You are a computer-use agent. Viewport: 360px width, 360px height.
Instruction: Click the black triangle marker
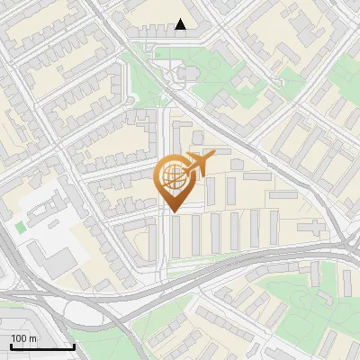click(x=182, y=25)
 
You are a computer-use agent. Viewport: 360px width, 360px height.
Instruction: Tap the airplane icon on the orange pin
click(x=200, y=164)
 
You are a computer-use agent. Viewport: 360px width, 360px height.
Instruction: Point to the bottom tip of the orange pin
click(x=172, y=212)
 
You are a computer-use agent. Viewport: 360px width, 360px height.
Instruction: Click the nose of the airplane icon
click(x=213, y=157)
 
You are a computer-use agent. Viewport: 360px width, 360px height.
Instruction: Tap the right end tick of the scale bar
click(x=74, y=346)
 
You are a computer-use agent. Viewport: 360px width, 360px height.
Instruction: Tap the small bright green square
click(x=20, y=228)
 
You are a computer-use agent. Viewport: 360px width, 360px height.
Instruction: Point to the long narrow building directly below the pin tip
click(x=174, y=235)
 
